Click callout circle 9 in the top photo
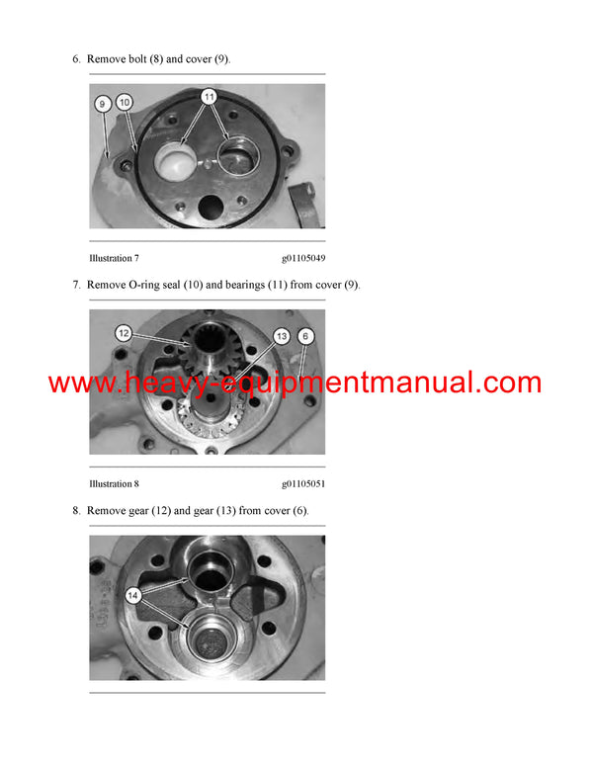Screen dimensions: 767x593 pos(103,103)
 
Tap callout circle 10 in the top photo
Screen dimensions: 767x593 pos(124,102)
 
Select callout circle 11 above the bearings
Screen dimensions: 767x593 pos(209,96)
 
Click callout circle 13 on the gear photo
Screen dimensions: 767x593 pos(282,337)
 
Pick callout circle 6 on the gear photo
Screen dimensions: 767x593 pos(306,337)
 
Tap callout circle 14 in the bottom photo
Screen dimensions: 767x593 pos(132,595)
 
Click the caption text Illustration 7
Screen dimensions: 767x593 pos(114,258)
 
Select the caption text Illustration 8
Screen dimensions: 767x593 pos(114,484)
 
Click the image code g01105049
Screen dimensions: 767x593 pos(303,258)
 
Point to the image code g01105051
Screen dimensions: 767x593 pos(303,484)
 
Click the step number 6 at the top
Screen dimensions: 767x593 pos(76,59)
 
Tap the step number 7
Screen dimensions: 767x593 pos(76,285)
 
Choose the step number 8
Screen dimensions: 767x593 pos(76,510)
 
